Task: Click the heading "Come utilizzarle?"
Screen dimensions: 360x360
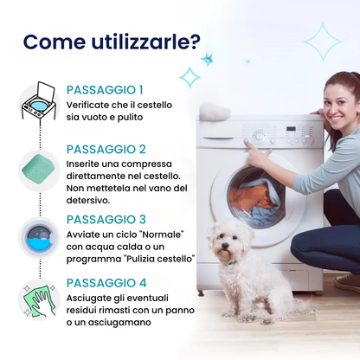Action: click(112, 42)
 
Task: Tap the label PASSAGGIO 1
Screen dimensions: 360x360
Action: click(105, 90)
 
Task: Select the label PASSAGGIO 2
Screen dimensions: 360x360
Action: click(106, 150)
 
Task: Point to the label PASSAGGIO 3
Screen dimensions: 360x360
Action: click(106, 220)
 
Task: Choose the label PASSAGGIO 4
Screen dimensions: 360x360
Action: click(106, 283)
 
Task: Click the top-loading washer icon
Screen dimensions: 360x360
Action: click(39, 100)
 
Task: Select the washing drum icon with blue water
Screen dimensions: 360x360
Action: click(39, 237)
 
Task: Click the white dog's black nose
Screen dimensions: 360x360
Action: click(225, 246)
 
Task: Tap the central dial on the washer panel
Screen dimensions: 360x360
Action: click(259, 136)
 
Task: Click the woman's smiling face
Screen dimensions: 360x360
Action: click(340, 107)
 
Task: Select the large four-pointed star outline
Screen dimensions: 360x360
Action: click(323, 42)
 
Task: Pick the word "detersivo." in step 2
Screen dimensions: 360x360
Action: click(88, 200)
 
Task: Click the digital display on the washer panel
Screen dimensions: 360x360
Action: click(291, 129)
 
